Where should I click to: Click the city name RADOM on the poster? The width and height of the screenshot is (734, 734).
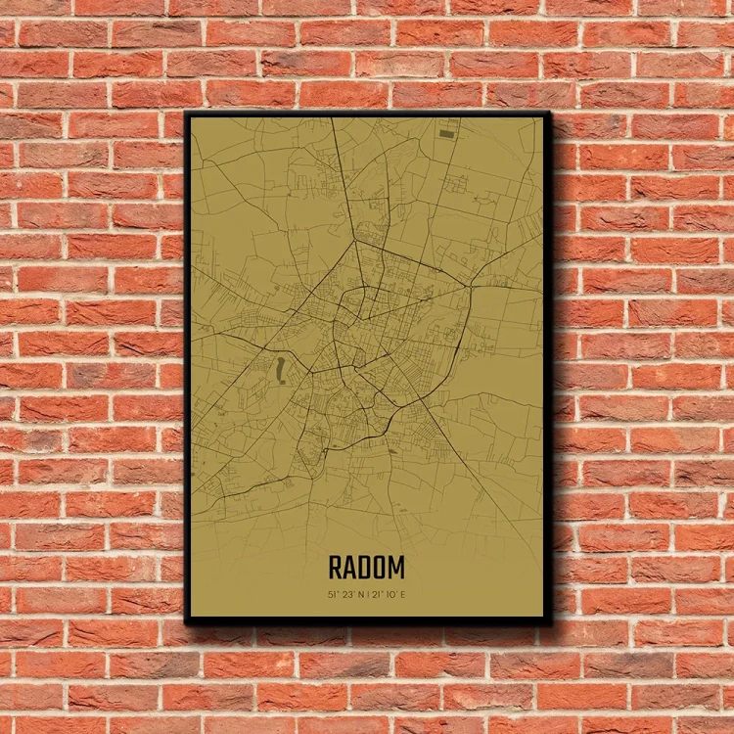(367, 568)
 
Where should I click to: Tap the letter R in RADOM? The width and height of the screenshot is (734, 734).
(336, 568)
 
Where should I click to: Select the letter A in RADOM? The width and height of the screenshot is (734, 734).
(350, 568)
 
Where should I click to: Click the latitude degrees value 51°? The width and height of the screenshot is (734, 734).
(334, 592)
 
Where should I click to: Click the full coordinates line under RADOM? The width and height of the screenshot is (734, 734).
(367, 592)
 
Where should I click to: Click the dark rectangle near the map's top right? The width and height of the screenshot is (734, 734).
(446, 132)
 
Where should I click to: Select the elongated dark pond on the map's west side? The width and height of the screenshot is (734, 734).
(281, 369)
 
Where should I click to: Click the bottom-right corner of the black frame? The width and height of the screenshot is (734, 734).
(549, 620)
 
